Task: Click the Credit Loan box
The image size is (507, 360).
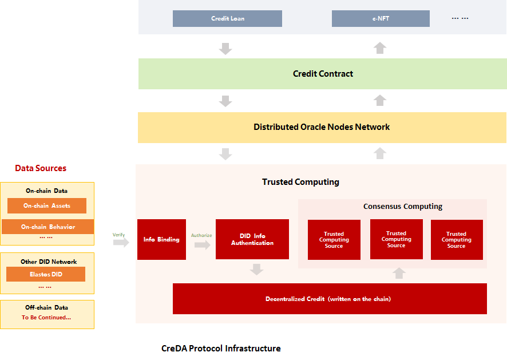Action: coord(227,18)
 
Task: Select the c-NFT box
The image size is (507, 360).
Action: coord(381,18)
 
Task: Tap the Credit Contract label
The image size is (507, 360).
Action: coord(323,74)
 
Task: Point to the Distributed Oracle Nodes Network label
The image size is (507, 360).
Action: coord(322,127)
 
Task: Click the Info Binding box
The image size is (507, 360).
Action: coord(162,239)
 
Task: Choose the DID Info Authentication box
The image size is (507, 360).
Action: coord(252,239)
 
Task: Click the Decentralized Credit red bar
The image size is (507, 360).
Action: coord(330,299)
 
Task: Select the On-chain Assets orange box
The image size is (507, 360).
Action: coord(47,205)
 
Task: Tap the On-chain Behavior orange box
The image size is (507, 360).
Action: coord(48,227)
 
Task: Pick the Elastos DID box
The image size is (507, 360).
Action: coord(46,274)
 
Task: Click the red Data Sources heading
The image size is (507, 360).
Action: coord(41,168)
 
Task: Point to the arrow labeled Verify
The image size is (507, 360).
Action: coord(121,242)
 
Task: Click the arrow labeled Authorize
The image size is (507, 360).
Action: coord(203,245)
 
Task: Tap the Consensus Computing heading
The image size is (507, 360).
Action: coord(403,207)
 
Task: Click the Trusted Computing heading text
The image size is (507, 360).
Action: coord(300,182)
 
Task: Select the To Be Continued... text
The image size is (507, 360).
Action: coord(46,317)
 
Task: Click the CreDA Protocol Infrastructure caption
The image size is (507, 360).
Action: coord(221,349)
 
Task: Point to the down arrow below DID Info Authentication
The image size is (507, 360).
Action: coord(257,270)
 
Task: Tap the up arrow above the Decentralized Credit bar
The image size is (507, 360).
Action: coord(399,273)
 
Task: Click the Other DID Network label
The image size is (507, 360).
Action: coord(49,262)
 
